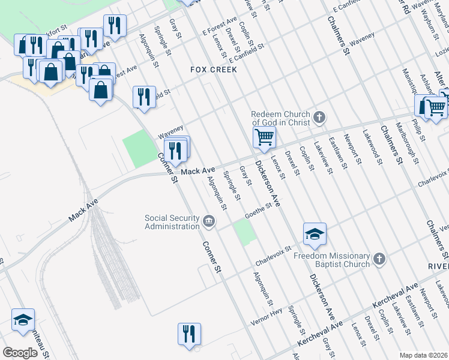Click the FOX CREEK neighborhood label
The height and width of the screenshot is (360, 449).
click(x=214, y=70)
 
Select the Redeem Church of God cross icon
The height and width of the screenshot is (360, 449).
click(x=319, y=117)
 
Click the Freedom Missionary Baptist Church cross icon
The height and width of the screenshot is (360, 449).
click(x=379, y=259)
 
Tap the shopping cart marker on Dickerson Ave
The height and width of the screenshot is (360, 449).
click(x=264, y=138)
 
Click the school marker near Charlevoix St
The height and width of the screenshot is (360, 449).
click(x=315, y=235)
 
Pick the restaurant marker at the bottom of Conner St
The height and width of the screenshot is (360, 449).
click(x=189, y=334)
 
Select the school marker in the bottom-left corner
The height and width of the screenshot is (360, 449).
click(x=23, y=320)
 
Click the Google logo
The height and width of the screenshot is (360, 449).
click(x=20, y=352)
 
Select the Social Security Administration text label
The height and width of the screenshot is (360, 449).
click(x=172, y=222)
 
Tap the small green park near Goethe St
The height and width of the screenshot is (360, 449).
click(x=244, y=232)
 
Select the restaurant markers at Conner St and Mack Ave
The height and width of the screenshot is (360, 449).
click(x=176, y=150)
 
